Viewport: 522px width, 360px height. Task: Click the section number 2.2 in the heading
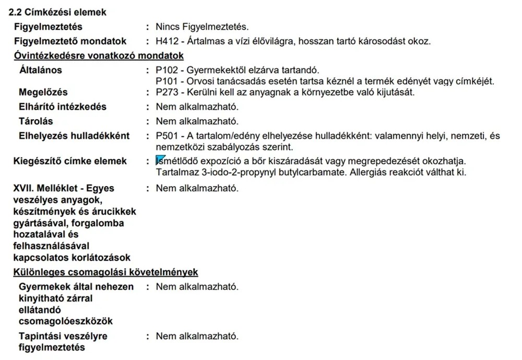click(16, 12)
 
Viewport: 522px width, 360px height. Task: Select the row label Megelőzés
click(43, 92)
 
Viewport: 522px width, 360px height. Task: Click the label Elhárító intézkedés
click(62, 107)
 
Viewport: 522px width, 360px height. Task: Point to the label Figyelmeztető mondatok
click(70, 41)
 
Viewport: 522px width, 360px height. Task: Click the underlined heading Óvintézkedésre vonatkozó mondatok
click(99, 56)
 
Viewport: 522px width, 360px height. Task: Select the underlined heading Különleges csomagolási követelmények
click(105, 272)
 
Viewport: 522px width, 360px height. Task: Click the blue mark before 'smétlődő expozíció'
click(160, 160)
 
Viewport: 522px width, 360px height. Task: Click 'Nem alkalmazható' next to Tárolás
click(197, 121)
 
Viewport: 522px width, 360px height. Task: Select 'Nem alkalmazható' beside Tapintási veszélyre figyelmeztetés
click(197, 336)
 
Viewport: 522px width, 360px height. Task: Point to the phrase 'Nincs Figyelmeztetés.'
click(202, 27)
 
